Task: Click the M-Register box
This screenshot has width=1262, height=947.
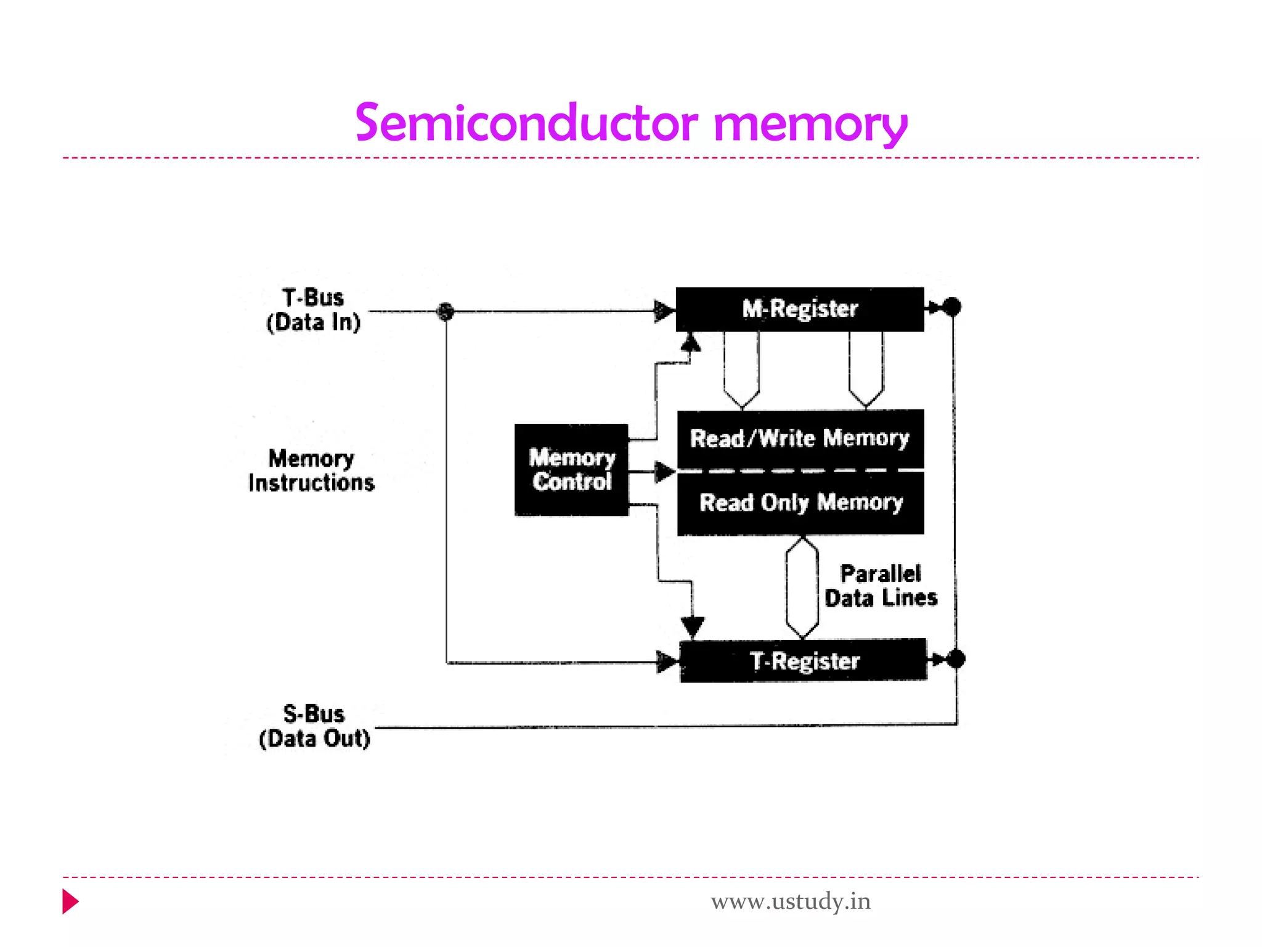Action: (x=799, y=309)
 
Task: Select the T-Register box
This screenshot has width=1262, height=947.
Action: (x=803, y=660)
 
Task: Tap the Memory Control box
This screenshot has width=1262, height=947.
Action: (x=571, y=470)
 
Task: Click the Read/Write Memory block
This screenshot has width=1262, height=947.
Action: (x=800, y=438)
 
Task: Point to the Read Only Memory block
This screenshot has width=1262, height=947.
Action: (x=800, y=503)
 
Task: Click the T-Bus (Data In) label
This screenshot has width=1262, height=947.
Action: (x=313, y=310)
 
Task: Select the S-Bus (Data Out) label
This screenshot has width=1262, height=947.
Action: (x=314, y=726)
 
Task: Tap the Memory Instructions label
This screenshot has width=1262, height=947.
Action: (x=311, y=470)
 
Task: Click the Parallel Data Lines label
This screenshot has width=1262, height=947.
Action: (x=881, y=586)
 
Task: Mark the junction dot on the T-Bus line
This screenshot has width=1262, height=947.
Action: (x=446, y=311)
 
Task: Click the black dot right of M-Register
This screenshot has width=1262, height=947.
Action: (x=952, y=306)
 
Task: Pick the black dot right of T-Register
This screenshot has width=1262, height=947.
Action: (x=956, y=659)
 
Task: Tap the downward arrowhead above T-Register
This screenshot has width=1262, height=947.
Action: (x=693, y=626)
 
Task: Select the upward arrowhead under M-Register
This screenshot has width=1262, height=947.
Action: (x=691, y=342)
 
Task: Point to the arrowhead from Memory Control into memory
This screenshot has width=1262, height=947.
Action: (x=664, y=472)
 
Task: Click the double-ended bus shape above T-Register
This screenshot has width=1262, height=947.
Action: (x=802, y=587)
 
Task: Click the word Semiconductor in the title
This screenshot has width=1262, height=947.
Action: (x=527, y=123)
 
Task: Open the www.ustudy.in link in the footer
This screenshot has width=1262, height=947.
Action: (x=791, y=901)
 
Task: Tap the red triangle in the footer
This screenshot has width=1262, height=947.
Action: (x=70, y=901)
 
